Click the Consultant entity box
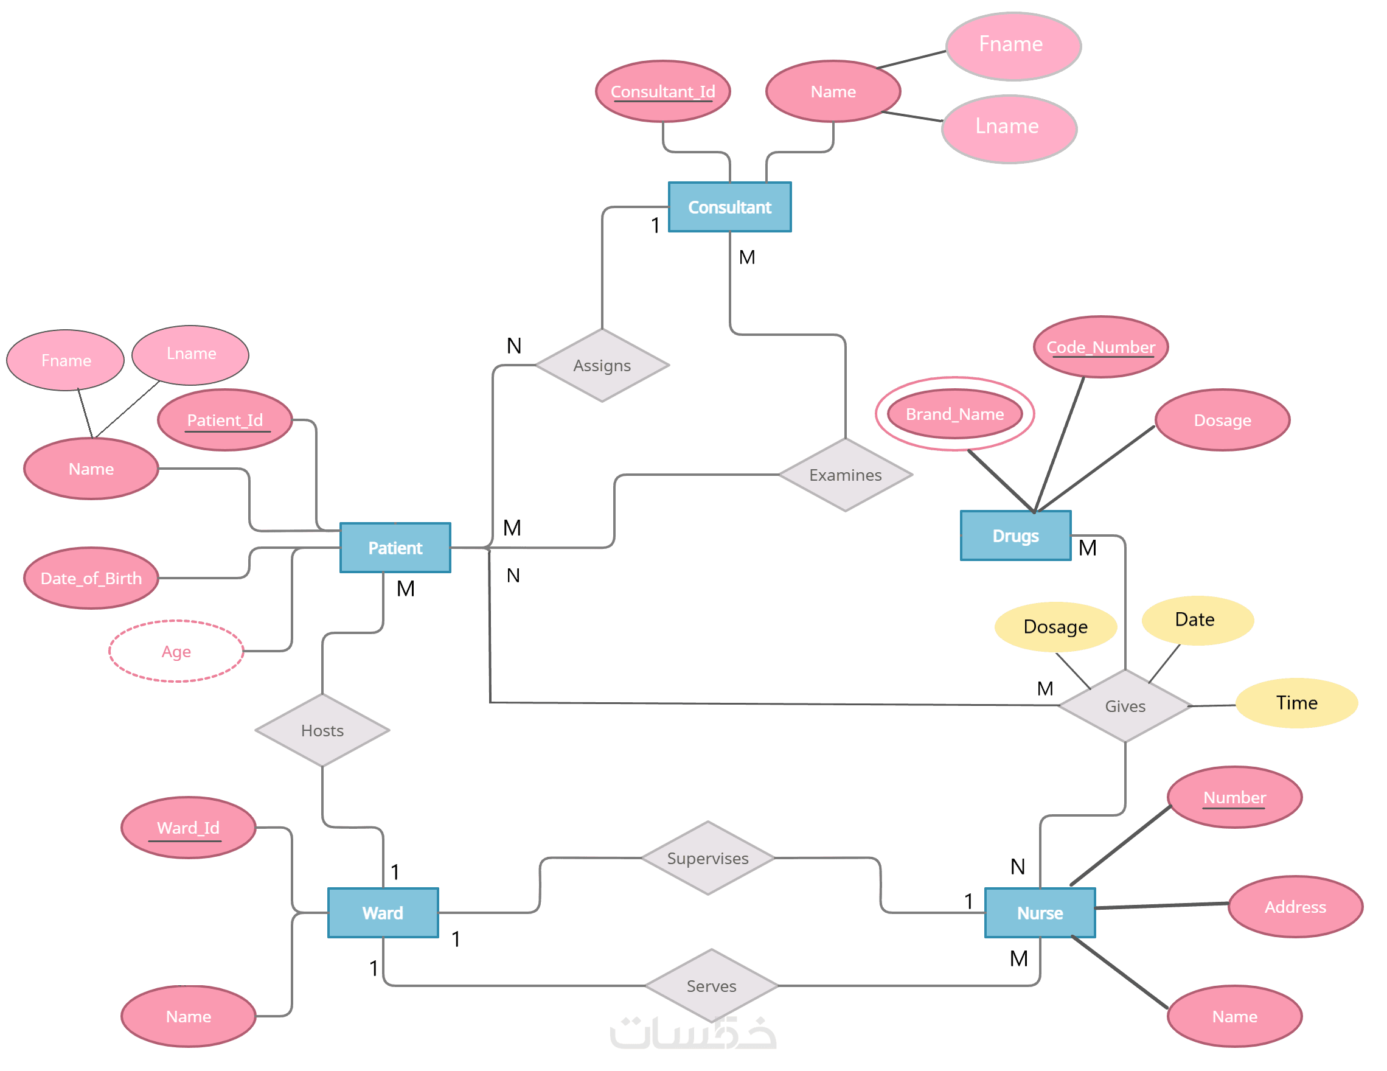730,207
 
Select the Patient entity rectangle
395,548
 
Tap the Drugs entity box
1015,535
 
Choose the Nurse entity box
1040,913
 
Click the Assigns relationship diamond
602,365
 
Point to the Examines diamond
846,475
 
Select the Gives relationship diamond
1125,706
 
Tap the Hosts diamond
322,730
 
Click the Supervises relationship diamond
707,858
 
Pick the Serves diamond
711,986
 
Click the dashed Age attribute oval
176,651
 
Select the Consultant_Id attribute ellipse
663,91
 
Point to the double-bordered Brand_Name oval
954,414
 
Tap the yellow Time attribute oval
1296,703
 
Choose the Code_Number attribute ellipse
1100,347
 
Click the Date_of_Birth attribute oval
91,578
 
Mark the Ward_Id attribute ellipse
188,828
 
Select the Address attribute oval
1295,907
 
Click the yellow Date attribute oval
1197,620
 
